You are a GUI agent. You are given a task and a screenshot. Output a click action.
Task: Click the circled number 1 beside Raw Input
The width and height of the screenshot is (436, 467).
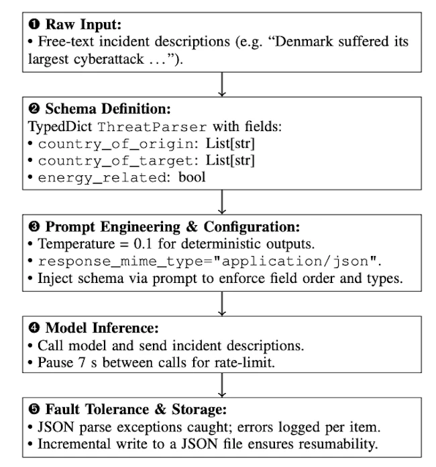[34, 25]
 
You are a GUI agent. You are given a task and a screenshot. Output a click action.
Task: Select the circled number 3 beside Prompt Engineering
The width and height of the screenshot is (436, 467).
[34, 227]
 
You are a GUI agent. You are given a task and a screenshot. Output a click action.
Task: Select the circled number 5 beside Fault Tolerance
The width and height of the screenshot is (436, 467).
[34, 409]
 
